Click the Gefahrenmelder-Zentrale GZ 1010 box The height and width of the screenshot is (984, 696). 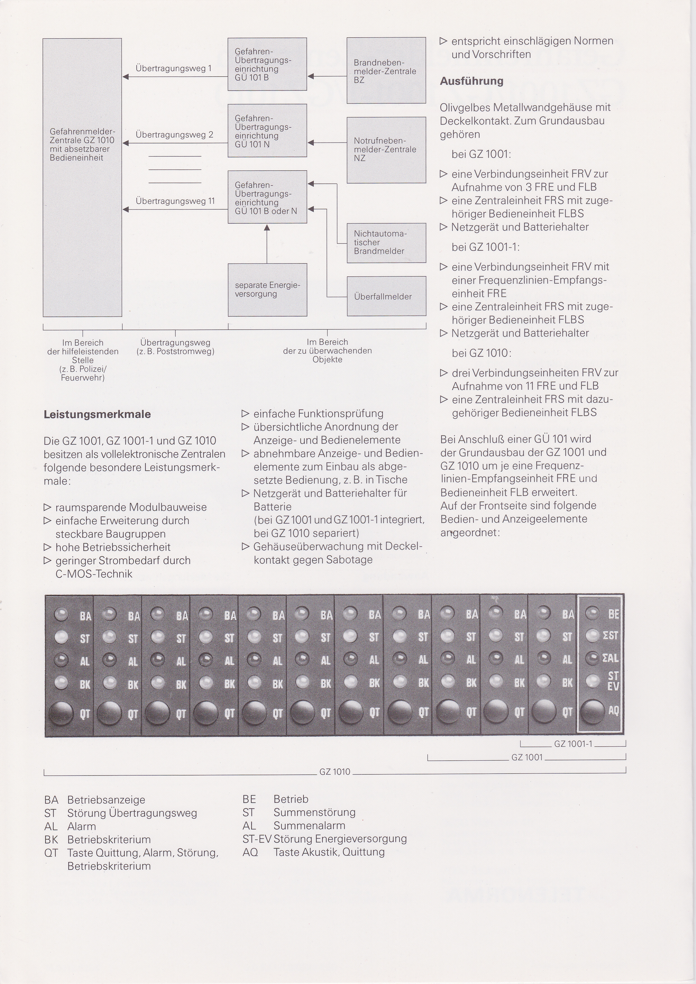coord(82,177)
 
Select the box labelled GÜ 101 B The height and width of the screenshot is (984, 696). coord(267,64)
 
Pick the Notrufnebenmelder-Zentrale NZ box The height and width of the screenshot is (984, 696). coord(386,150)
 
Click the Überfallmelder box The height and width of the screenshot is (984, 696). coord(386,296)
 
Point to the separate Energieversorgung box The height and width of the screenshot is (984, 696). coord(267,290)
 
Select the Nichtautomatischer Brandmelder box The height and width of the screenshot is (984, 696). coord(386,243)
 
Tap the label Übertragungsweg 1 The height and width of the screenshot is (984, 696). coord(173,68)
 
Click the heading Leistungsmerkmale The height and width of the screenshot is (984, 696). coord(97,414)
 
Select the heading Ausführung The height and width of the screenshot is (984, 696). coord(471,81)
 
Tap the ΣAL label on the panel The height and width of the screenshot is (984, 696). coord(611,658)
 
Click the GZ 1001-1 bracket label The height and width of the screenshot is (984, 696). coord(573,744)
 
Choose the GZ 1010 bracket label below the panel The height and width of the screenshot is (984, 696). coord(335,772)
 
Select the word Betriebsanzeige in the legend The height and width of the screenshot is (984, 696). coord(106,800)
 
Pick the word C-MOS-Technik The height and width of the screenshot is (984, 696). coord(94,574)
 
